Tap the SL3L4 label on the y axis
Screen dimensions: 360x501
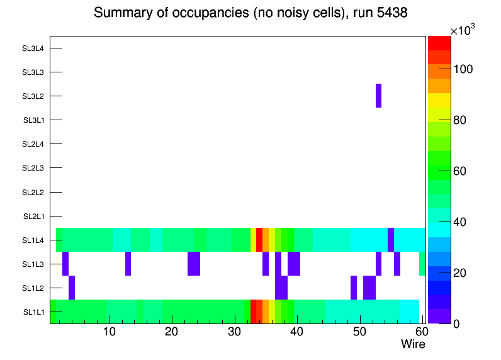[33, 48]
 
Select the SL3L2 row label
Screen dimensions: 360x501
[33, 96]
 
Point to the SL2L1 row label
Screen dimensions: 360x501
[34, 217]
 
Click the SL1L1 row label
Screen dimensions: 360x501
[34, 312]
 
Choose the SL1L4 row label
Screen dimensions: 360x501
[34, 240]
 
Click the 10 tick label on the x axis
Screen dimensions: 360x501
[110, 332]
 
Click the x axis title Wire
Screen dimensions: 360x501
[413, 344]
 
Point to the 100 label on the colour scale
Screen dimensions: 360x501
[465, 69]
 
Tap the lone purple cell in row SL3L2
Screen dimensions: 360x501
[378, 96]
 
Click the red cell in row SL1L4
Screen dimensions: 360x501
[259, 240]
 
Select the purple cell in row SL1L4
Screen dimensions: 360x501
[391, 240]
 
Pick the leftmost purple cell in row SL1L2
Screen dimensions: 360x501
[72, 288]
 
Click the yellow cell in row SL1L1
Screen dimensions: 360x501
[272, 312]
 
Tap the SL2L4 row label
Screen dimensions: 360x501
[33, 144]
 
